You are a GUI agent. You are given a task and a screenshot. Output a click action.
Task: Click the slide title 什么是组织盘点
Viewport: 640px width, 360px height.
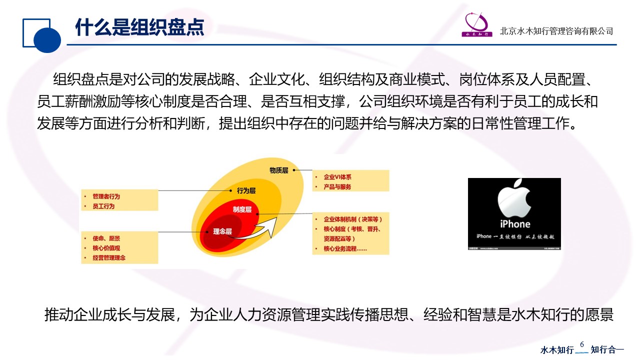(x=139, y=27)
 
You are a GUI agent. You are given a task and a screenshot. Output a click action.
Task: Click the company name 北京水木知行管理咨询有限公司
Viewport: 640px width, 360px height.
(x=556, y=31)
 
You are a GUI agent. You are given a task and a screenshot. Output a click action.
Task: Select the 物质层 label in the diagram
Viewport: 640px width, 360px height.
(x=279, y=170)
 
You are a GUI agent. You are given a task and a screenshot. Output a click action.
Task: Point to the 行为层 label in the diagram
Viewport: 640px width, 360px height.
(x=246, y=190)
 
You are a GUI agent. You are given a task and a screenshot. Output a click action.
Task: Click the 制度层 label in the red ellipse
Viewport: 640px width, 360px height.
(x=242, y=209)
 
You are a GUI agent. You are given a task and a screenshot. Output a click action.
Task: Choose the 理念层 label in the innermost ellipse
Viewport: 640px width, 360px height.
(x=222, y=231)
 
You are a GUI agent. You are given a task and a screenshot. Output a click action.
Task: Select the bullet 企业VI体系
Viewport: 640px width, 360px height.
(x=337, y=177)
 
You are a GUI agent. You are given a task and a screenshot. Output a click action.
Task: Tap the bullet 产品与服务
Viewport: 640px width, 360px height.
(x=337, y=186)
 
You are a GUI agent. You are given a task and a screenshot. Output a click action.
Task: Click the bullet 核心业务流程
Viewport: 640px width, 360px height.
(x=345, y=248)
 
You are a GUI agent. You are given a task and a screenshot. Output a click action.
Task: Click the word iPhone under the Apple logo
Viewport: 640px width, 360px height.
(x=514, y=224)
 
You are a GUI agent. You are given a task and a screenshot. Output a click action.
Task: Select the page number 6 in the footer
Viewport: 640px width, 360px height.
(x=582, y=344)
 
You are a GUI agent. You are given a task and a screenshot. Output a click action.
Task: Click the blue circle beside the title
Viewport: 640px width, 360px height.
(x=47, y=39)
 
